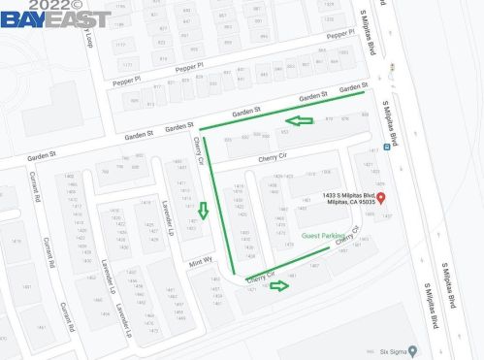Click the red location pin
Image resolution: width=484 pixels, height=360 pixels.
click(380, 198)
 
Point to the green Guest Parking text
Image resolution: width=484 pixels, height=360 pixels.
click(323, 236)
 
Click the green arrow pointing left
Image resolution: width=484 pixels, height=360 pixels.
click(304, 120)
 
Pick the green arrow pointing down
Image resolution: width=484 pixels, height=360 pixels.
click(203, 210)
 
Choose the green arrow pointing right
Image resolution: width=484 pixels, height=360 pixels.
click(280, 285)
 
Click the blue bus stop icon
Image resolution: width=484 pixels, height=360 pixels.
click(386, 147)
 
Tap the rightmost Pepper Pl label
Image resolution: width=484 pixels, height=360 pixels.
click(340, 34)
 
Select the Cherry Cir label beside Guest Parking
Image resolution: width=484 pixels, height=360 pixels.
click(348, 235)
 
